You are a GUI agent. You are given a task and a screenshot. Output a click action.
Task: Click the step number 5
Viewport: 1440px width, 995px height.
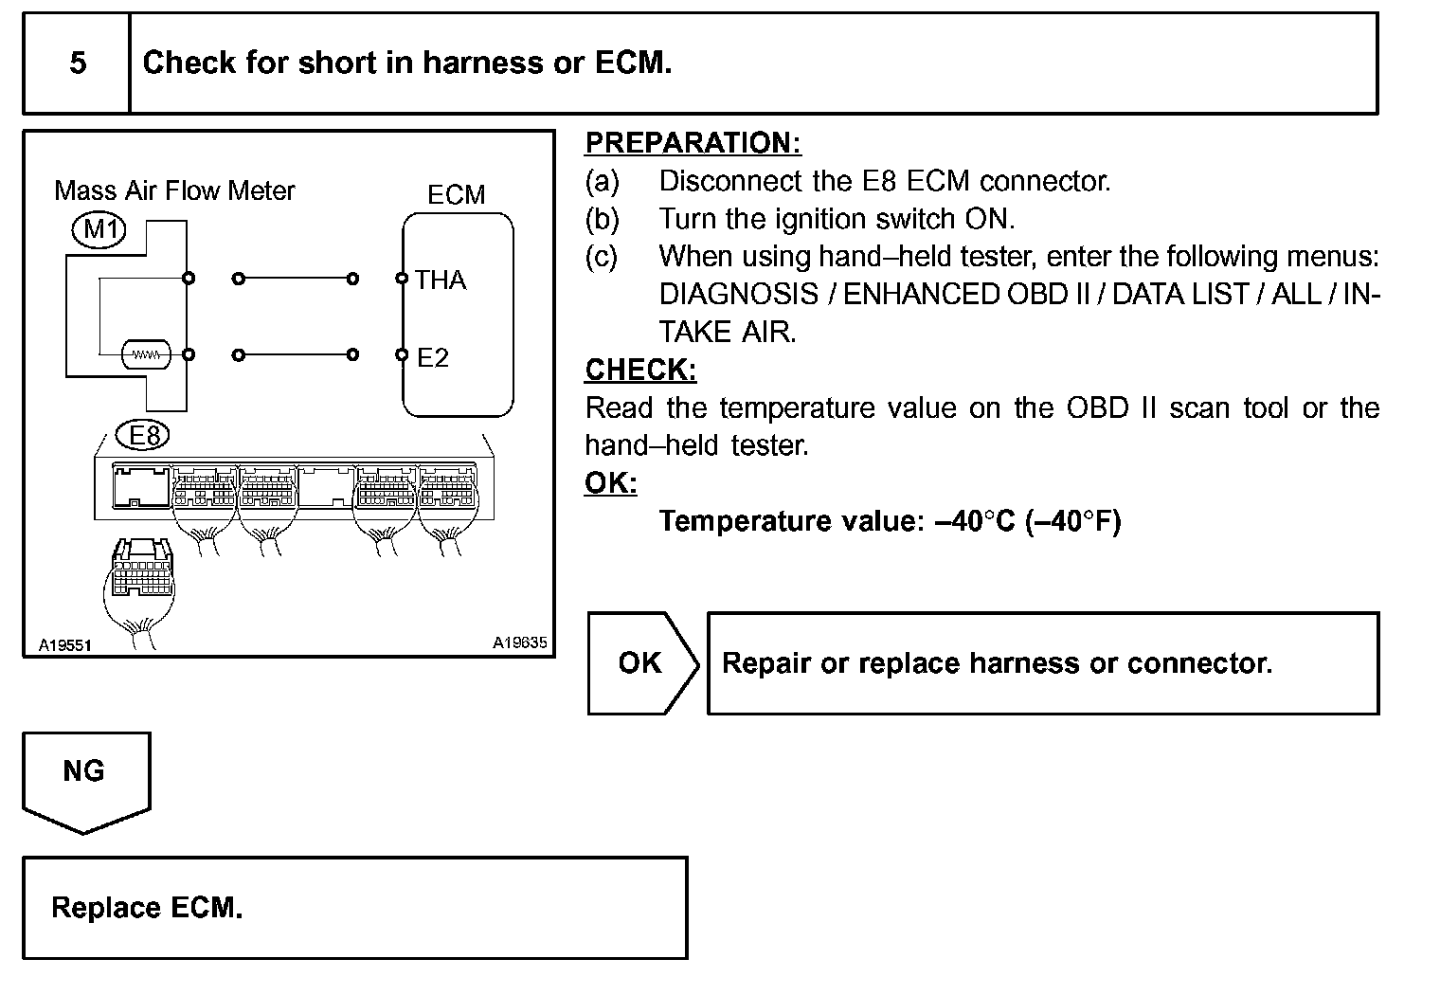(x=78, y=63)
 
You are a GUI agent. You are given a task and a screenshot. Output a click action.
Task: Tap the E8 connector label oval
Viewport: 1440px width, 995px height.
(x=144, y=435)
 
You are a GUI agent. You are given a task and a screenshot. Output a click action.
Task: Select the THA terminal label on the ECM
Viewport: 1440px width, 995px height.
(x=441, y=280)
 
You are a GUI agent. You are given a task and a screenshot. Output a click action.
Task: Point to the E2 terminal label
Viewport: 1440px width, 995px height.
(x=433, y=357)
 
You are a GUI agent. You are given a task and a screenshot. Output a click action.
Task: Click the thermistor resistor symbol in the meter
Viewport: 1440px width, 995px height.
(x=145, y=354)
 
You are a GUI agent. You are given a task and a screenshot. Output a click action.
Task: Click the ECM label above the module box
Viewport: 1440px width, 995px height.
(x=456, y=195)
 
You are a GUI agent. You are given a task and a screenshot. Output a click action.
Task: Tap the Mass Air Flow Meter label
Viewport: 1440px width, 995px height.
(x=174, y=190)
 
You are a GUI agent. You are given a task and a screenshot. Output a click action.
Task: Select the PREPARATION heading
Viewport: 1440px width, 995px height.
(x=693, y=143)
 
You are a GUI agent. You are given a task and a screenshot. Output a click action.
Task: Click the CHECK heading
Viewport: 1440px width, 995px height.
(x=640, y=370)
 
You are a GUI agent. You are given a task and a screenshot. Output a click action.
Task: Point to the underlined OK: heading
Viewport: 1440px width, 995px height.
(x=611, y=483)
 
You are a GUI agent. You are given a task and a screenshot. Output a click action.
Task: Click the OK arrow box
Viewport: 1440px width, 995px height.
(x=641, y=662)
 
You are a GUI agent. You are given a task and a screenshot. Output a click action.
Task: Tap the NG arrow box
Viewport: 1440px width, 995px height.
(x=85, y=780)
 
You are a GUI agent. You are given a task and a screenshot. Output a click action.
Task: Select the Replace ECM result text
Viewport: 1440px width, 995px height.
(x=147, y=908)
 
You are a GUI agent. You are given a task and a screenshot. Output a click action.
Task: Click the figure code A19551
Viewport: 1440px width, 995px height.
(x=64, y=645)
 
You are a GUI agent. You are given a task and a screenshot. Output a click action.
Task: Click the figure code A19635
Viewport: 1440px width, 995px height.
(x=519, y=642)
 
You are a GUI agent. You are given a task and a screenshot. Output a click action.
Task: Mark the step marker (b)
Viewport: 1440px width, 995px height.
(x=602, y=219)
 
